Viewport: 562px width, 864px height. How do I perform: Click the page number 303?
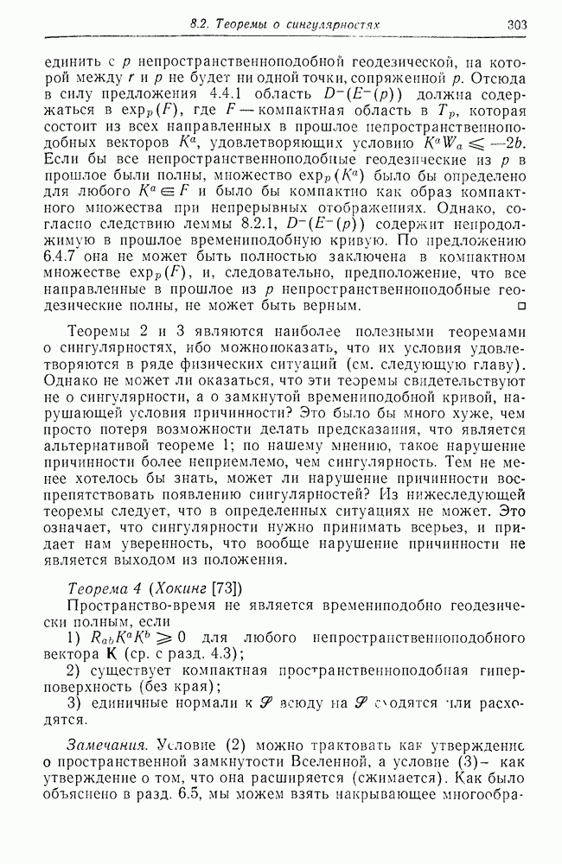(515, 26)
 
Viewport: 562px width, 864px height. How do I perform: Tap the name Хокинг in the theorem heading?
(181, 589)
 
